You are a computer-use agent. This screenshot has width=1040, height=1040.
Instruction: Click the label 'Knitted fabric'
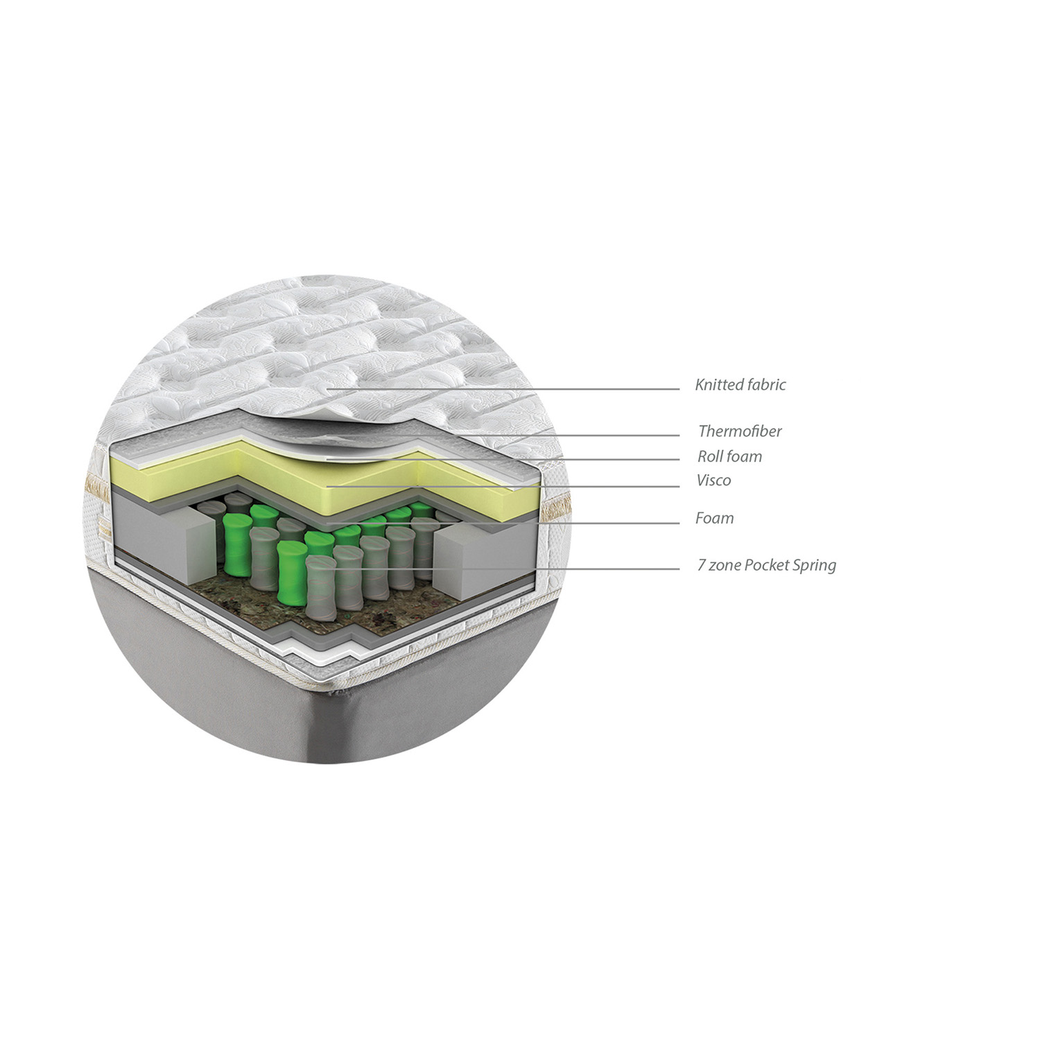[740, 385]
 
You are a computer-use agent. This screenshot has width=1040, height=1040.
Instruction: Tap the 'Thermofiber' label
[740, 431]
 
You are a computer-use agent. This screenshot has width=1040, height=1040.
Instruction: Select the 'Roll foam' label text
[729, 456]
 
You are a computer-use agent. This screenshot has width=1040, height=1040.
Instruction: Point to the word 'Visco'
[713, 480]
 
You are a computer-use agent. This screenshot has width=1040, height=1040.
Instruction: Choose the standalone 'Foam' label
[714, 518]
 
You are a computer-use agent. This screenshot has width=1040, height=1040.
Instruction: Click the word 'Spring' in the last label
[815, 566]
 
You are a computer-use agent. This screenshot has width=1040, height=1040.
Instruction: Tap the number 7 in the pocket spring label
[702, 565]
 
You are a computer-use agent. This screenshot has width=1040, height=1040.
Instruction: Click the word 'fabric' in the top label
[766, 385]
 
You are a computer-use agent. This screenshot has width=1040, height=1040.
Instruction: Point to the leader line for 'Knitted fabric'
[503, 389]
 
